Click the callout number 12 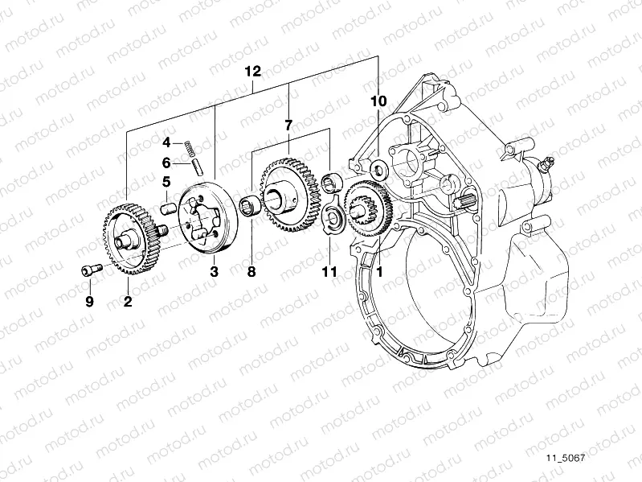pyautogui.click(x=252, y=72)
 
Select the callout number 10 pyautogui.click(x=378, y=101)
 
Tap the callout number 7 pyautogui.click(x=288, y=125)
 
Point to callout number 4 pyautogui.click(x=166, y=142)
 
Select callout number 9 pyautogui.click(x=90, y=302)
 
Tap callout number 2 pyautogui.click(x=127, y=302)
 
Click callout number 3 pyautogui.click(x=214, y=273)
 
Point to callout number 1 pyautogui.click(x=379, y=273)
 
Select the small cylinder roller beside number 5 pyautogui.click(x=170, y=206)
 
